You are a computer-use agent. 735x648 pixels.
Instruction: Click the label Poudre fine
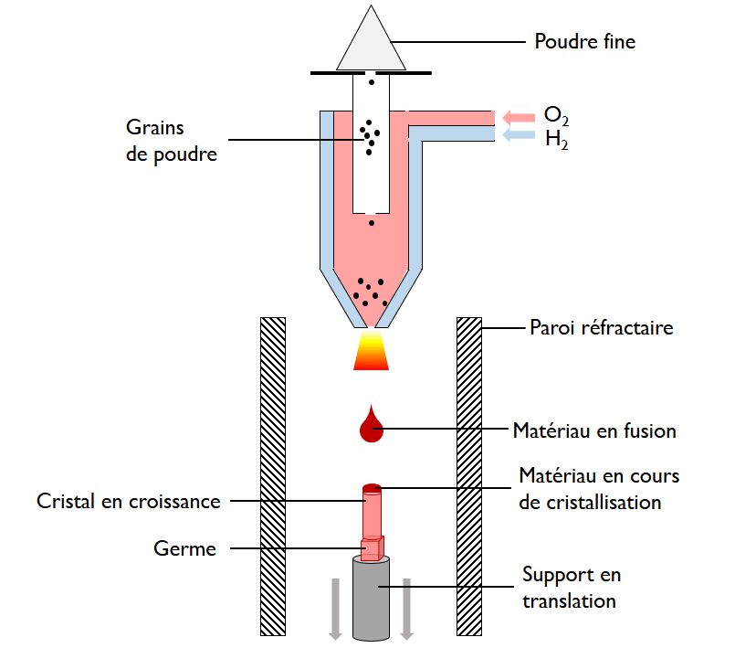pyautogui.click(x=584, y=41)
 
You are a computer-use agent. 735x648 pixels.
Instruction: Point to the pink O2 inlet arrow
pyautogui.click(x=518, y=116)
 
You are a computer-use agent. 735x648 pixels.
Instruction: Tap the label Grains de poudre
pyautogui.click(x=172, y=141)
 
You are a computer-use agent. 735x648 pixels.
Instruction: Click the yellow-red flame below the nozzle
pyautogui.click(x=370, y=352)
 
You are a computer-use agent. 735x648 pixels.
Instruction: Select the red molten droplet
pyautogui.click(x=371, y=426)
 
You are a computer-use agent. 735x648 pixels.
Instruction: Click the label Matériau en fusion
pyautogui.click(x=593, y=430)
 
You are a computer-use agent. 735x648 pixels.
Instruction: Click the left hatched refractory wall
pyautogui.click(x=273, y=475)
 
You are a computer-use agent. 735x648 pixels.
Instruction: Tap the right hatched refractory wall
pyautogui.click(x=468, y=475)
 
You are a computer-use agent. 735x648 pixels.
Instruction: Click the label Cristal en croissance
pyautogui.click(x=129, y=501)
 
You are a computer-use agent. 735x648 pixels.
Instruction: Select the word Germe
pyautogui.click(x=184, y=548)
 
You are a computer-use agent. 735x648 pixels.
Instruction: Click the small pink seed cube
pyautogui.click(x=373, y=548)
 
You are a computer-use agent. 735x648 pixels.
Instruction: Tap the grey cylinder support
pyautogui.click(x=372, y=599)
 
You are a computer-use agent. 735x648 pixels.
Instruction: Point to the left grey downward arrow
pyautogui.click(x=335, y=608)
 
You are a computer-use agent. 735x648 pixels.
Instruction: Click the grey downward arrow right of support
pyautogui.click(x=407, y=608)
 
